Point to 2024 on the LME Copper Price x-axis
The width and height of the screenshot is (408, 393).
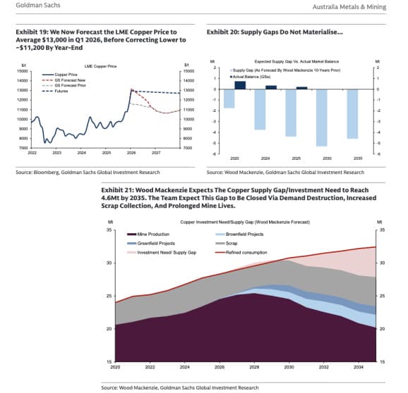tap(81, 152)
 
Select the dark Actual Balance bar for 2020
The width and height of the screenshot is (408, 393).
tap(241, 85)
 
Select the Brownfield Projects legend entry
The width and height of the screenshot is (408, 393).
tap(245, 234)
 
